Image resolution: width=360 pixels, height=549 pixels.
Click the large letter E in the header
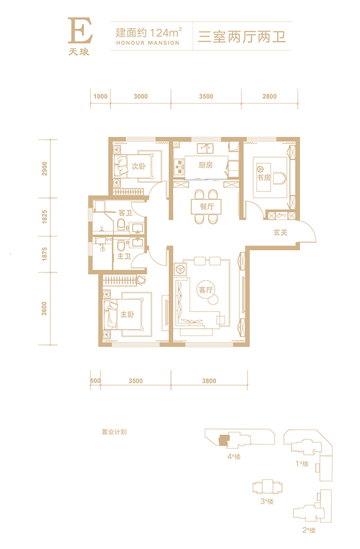click(x=80, y=31)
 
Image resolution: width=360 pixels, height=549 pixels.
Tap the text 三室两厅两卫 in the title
click(x=242, y=37)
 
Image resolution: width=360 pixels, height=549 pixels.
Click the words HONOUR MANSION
click(x=148, y=43)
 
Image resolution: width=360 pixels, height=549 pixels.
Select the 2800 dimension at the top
click(x=269, y=96)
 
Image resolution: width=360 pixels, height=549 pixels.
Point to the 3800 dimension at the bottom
click(x=209, y=380)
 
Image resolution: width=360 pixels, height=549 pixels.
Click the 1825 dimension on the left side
click(x=44, y=217)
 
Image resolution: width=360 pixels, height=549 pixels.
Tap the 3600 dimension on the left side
click(x=44, y=308)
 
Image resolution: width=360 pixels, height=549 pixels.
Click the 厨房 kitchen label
click(x=205, y=165)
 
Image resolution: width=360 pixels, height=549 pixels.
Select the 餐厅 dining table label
click(x=206, y=206)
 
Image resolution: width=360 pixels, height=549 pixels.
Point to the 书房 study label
click(x=264, y=178)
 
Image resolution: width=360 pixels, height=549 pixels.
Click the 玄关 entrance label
click(x=281, y=232)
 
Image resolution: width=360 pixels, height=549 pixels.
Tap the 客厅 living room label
click(x=206, y=290)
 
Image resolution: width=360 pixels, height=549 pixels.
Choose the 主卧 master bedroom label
click(x=127, y=314)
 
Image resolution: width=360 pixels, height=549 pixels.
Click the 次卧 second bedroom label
click(x=139, y=166)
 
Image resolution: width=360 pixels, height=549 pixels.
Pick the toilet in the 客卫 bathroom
click(x=121, y=225)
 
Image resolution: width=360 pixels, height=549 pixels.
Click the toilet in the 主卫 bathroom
click(x=121, y=245)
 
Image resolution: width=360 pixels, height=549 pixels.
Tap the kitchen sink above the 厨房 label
click(x=205, y=149)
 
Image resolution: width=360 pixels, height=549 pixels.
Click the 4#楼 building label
click(x=234, y=457)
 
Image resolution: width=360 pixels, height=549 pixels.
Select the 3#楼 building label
click(x=267, y=502)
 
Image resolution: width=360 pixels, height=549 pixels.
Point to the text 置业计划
click(x=114, y=432)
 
